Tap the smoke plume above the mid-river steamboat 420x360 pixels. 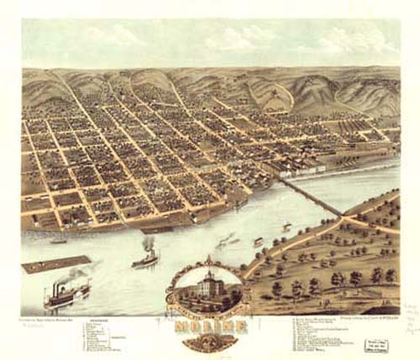point(149,243)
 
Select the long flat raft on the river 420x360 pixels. point(55,263)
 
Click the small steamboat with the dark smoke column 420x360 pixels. point(144,258)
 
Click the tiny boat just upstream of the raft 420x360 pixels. point(58,241)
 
